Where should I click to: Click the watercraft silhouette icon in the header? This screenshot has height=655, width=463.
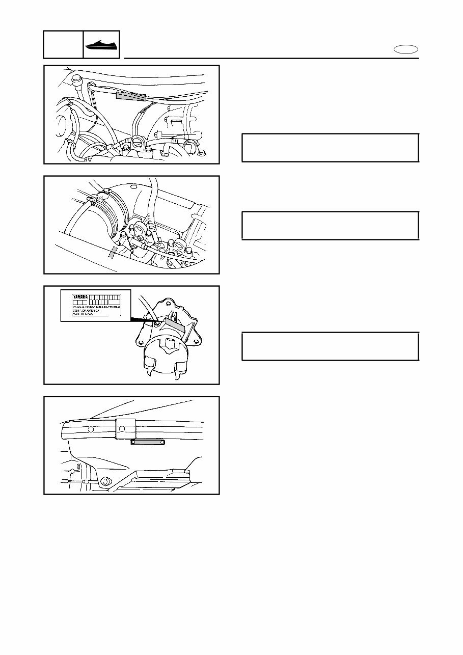click(x=101, y=45)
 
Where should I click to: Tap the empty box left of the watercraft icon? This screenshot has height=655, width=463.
click(x=63, y=44)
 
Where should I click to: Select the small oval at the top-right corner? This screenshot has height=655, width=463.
click(x=406, y=49)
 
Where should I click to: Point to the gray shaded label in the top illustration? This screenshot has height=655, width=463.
click(x=131, y=96)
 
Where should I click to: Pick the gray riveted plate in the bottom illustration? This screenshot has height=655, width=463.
click(x=147, y=442)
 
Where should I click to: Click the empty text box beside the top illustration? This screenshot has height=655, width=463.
click(x=330, y=148)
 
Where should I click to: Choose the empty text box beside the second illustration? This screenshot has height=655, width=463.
click(x=330, y=225)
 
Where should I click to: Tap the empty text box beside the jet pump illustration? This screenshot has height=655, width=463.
click(x=330, y=346)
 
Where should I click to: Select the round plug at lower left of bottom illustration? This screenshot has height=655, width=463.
click(x=106, y=480)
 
